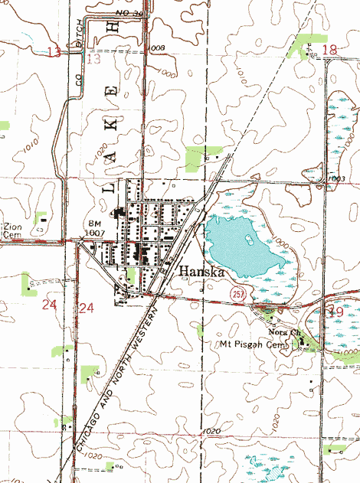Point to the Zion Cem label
13,231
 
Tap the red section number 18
329,51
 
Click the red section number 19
335,312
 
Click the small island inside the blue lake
249,240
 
